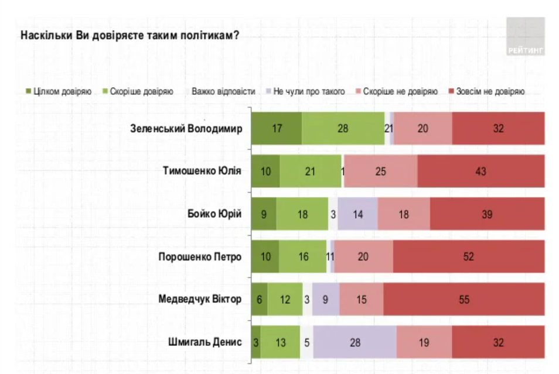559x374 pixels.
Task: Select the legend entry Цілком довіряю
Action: (59, 92)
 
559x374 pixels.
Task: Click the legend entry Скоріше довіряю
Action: (137, 92)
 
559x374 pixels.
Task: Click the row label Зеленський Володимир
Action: (186, 129)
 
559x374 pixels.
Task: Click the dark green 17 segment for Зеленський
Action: (277, 129)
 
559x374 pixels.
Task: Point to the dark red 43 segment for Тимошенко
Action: (481, 171)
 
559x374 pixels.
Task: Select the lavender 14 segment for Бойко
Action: (357, 214)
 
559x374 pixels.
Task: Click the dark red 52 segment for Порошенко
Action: (469, 257)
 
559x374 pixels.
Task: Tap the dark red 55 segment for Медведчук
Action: (464, 300)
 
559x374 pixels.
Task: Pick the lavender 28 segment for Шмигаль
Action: (355, 342)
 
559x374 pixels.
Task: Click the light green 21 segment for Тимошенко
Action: (311, 171)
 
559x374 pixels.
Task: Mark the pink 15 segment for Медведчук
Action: (361, 300)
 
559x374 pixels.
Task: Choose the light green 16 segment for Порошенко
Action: (302, 257)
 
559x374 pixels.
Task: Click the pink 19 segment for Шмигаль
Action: (424, 342)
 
